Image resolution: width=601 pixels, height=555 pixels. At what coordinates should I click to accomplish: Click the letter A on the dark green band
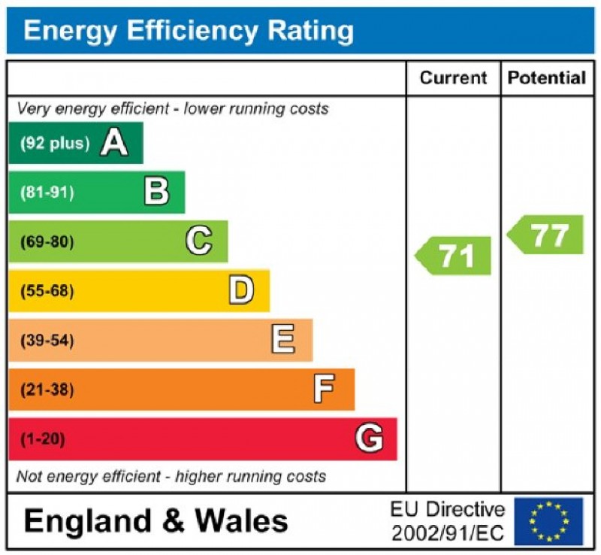click(114, 142)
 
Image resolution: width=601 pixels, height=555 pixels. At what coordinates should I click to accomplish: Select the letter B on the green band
click(156, 192)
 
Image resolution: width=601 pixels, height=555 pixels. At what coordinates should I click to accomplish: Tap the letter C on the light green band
click(198, 241)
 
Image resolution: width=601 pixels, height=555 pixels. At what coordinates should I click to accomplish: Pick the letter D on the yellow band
click(241, 291)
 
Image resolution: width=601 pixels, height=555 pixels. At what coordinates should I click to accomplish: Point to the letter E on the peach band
click(283, 341)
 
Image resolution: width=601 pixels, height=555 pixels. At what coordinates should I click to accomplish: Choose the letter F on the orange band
click(325, 390)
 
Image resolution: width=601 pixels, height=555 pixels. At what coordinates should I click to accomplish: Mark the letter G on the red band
click(368, 439)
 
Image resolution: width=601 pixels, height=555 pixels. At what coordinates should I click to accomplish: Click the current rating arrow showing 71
click(454, 256)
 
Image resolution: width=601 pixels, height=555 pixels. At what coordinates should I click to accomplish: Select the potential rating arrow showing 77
click(547, 235)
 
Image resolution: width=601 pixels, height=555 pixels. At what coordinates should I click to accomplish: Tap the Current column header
click(453, 77)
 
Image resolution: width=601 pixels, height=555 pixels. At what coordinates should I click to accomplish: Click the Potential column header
click(547, 77)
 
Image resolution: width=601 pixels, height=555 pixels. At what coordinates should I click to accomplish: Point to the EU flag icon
click(548, 521)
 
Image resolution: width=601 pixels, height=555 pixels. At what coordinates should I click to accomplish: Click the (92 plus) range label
click(54, 143)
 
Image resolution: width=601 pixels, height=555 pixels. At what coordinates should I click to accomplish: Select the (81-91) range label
click(47, 193)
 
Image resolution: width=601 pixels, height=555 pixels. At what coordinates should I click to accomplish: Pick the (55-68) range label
click(47, 292)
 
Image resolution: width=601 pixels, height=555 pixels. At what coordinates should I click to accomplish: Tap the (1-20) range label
click(43, 439)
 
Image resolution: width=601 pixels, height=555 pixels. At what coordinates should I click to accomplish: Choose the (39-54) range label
click(47, 341)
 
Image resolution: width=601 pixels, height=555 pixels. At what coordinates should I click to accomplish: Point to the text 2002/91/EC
click(448, 533)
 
